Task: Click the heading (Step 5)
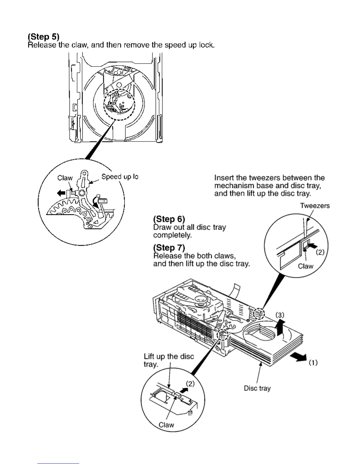pos(44,37)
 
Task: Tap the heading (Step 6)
pos(169,219)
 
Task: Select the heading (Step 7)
pos(169,248)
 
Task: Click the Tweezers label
pos(315,206)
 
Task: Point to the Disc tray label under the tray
pos(257,388)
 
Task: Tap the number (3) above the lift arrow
pos(280,315)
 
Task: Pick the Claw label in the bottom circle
pos(166,425)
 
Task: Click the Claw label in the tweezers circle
pos(306,266)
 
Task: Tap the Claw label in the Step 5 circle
pos(65,178)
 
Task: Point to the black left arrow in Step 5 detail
pos(61,193)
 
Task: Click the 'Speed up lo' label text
pos(120,177)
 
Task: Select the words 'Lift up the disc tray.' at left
pos(169,360)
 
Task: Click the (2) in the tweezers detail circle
pos(320,252)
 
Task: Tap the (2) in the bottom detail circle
pos(191,384)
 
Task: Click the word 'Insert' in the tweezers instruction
pos(224,178)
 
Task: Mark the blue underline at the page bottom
pos(58,463)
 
